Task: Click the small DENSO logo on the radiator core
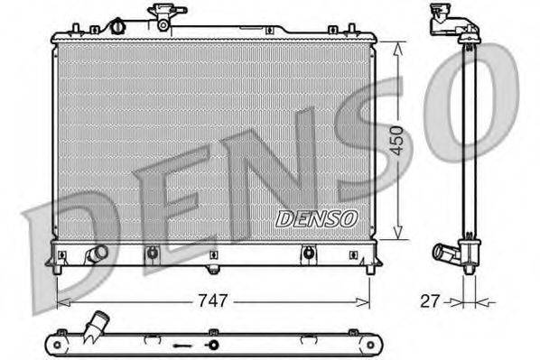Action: pyautogui.click(x=316, y=218)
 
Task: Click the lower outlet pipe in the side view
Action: pyautogui.click(x=447, y=253)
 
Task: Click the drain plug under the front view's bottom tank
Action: pyautogui.click(x=213, y=268)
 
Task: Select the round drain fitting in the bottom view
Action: pyautogui.click(x=213, y=345)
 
